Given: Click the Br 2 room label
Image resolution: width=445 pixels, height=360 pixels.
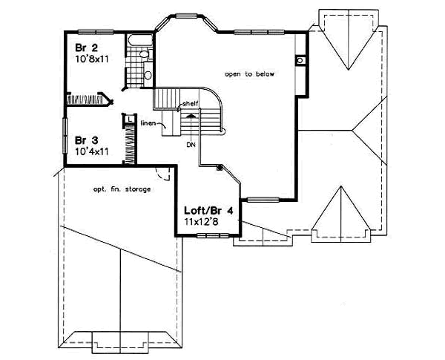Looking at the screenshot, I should (84, 48).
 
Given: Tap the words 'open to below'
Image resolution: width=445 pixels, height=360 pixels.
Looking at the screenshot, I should (247, 74).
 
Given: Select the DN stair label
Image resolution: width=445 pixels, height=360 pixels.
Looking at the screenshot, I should (191, 145).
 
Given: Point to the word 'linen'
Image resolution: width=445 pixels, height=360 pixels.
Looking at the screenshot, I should (147, 124).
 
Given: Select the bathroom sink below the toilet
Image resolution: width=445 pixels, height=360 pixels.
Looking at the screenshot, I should (147, 74).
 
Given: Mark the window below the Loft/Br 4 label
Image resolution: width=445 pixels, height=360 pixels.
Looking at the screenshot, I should (213, 235).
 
